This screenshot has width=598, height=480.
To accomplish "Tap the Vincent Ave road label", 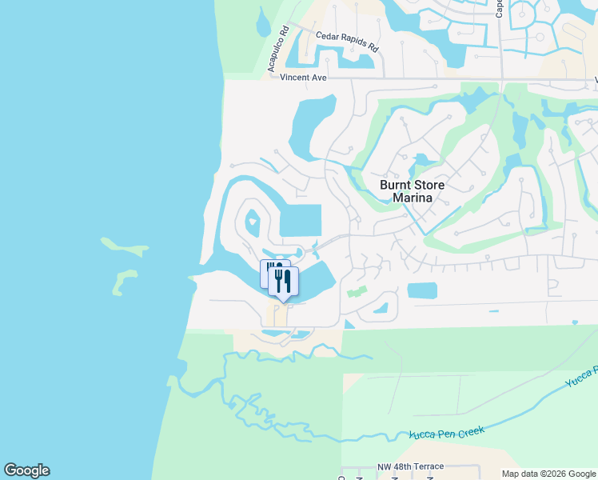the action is click(305, 78).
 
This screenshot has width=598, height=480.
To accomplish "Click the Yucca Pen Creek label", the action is click(447, 434).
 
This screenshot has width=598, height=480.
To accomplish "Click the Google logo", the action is click(26, 470).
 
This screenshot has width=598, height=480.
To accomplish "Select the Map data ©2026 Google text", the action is click(548, 474).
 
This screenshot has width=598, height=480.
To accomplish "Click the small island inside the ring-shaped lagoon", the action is click(253, 221).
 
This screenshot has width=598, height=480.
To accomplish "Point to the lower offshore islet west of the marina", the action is click(124, 280).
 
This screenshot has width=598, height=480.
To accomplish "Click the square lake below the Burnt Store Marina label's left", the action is click(301, 220).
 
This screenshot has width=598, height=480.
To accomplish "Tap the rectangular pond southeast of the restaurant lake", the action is click(422, 290).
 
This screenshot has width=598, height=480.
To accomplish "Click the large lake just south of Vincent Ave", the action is click(307, 128).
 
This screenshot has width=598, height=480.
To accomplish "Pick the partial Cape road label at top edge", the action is click(500, 8).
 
